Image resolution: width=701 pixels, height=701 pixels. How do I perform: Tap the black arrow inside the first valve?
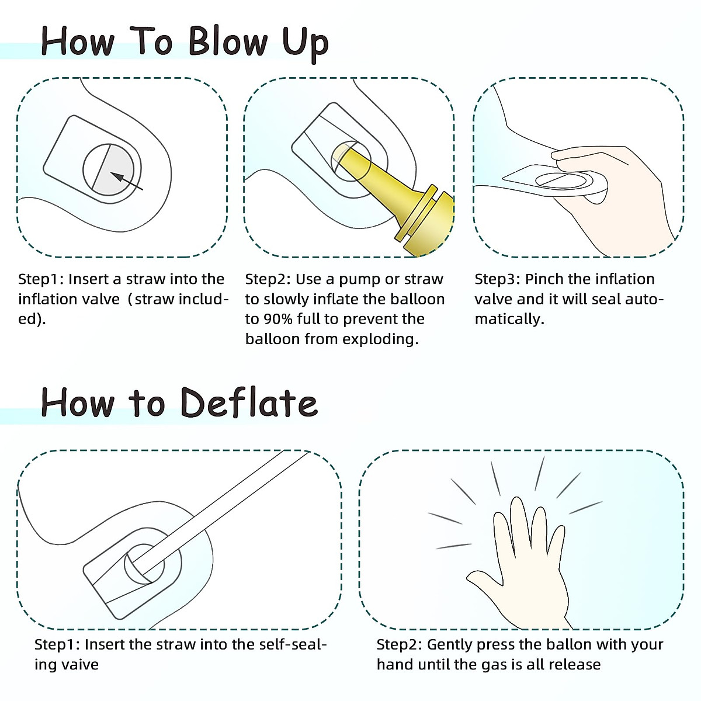click(126, 181)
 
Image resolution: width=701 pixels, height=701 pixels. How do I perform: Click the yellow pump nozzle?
click(397, 196)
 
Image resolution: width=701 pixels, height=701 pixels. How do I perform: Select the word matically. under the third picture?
click(509, 319)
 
